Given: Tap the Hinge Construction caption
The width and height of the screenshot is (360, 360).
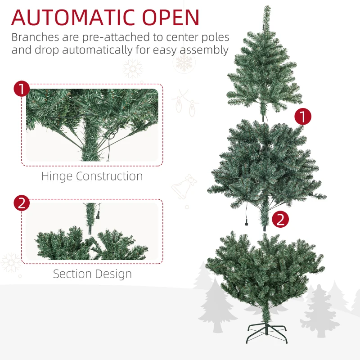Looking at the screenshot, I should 92,176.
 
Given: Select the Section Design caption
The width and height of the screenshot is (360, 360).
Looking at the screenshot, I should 92,274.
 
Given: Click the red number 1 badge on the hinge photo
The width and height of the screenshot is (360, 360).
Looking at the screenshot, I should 22,89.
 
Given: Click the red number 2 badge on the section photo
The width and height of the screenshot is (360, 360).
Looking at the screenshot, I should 22,203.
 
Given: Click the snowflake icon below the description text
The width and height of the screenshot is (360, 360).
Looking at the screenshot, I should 132,69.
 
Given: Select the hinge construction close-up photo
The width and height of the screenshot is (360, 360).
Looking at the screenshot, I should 92,125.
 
